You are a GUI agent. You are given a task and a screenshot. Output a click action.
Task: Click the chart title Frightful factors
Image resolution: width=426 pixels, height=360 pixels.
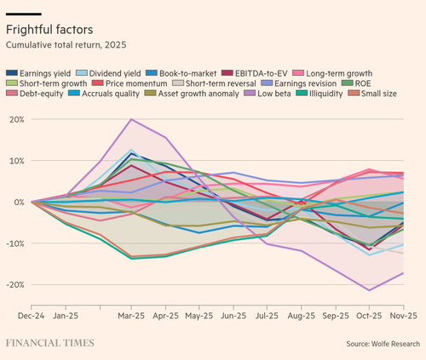tap(49, 30)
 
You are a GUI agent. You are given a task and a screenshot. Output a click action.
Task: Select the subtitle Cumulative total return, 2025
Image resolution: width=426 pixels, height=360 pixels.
tap(66, 45)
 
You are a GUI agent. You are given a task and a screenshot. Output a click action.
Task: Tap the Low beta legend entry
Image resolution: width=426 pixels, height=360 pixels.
tap(268, 94)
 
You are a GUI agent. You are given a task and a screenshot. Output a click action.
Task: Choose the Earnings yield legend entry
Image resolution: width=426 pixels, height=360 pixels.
tap(38, 73)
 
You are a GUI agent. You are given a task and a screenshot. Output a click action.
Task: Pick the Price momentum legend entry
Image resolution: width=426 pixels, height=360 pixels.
tap(130, 83)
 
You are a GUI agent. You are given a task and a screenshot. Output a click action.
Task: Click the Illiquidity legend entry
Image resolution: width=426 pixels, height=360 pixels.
tap(319, 94)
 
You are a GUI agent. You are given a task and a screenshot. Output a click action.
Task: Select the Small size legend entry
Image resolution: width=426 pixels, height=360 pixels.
tap(372, 94)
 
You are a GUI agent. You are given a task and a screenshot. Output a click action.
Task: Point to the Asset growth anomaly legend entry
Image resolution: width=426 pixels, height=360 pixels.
tap(192, 94)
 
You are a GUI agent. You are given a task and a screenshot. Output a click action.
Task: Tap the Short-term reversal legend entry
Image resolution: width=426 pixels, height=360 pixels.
tap(214, 83)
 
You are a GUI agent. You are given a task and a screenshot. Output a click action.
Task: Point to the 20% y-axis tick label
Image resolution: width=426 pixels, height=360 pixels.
tap(17, 119)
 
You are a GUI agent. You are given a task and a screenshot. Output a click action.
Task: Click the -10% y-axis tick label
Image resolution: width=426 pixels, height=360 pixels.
tap(15, 243)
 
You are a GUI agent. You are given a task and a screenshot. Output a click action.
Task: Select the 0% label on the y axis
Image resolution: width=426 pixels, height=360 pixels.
tap(19, 203)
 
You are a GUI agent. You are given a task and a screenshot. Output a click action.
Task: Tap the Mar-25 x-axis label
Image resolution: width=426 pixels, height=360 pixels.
tap(131, 316)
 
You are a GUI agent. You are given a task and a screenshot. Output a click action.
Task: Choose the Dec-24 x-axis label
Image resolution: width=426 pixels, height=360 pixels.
tap(32, 316)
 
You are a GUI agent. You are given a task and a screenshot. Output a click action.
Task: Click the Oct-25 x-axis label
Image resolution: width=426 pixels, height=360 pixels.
tap(369, 316)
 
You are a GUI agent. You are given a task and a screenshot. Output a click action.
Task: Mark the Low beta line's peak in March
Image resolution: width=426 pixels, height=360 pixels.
tap(131, 119)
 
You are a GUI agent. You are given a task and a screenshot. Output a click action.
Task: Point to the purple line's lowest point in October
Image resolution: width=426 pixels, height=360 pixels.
tap(369, 290)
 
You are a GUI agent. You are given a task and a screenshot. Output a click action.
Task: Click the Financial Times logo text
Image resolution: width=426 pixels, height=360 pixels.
tap(50, 343)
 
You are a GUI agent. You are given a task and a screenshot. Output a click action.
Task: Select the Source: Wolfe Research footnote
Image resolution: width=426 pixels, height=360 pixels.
tap(383, 344)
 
